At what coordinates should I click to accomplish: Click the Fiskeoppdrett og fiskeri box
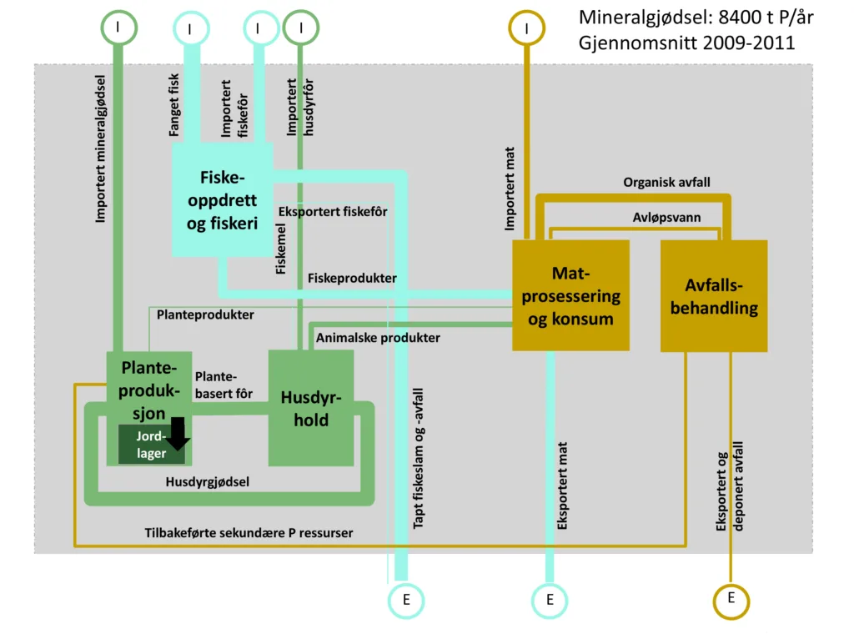tap(222, 200)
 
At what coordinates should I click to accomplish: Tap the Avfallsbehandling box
tap(714, 296)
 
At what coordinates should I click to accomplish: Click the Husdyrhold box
tap(310, 407)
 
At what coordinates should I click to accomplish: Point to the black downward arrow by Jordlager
tap(178, 432)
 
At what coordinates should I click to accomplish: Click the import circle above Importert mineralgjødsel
tap(119, 27)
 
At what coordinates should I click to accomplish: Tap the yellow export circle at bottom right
tap(731, 599)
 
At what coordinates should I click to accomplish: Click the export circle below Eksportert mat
tap(550, 600)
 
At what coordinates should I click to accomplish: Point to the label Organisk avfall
tap(666, 182)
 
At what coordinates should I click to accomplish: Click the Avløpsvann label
tap(666, 218)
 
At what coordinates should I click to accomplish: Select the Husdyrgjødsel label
tap(208, 482)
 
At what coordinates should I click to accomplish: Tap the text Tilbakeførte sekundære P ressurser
tap(249, 533)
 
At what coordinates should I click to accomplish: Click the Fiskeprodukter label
tap(351, 278)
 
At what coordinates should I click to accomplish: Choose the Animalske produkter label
tap(378, 338)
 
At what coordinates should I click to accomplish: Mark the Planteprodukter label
tap(205, 315)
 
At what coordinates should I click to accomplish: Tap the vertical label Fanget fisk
tap(174, 105)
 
